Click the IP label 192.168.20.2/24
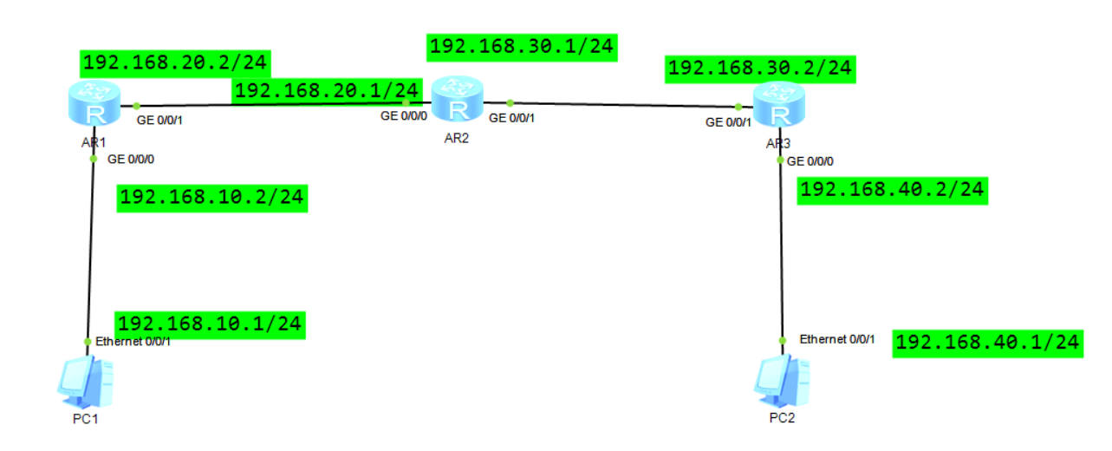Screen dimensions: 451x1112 (x=175, y=63)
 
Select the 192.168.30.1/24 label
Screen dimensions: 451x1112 (x=522, y=46)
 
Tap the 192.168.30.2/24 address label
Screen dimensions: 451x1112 (x=760, y=69)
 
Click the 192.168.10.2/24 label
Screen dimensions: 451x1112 (x=211, y=197)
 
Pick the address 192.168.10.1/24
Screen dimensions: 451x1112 (x=210, y=324)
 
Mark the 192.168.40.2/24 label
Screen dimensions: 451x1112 (x=893, y=190)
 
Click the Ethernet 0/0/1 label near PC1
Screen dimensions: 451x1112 (x=133, y=341)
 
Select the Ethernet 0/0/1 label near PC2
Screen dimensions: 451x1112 (x=837, y=339)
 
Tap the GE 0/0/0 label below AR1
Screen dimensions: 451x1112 (x=131, y=159)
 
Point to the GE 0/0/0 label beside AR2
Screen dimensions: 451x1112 (x=404, y=115)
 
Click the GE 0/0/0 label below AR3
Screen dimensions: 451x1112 (x=816, y=160)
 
